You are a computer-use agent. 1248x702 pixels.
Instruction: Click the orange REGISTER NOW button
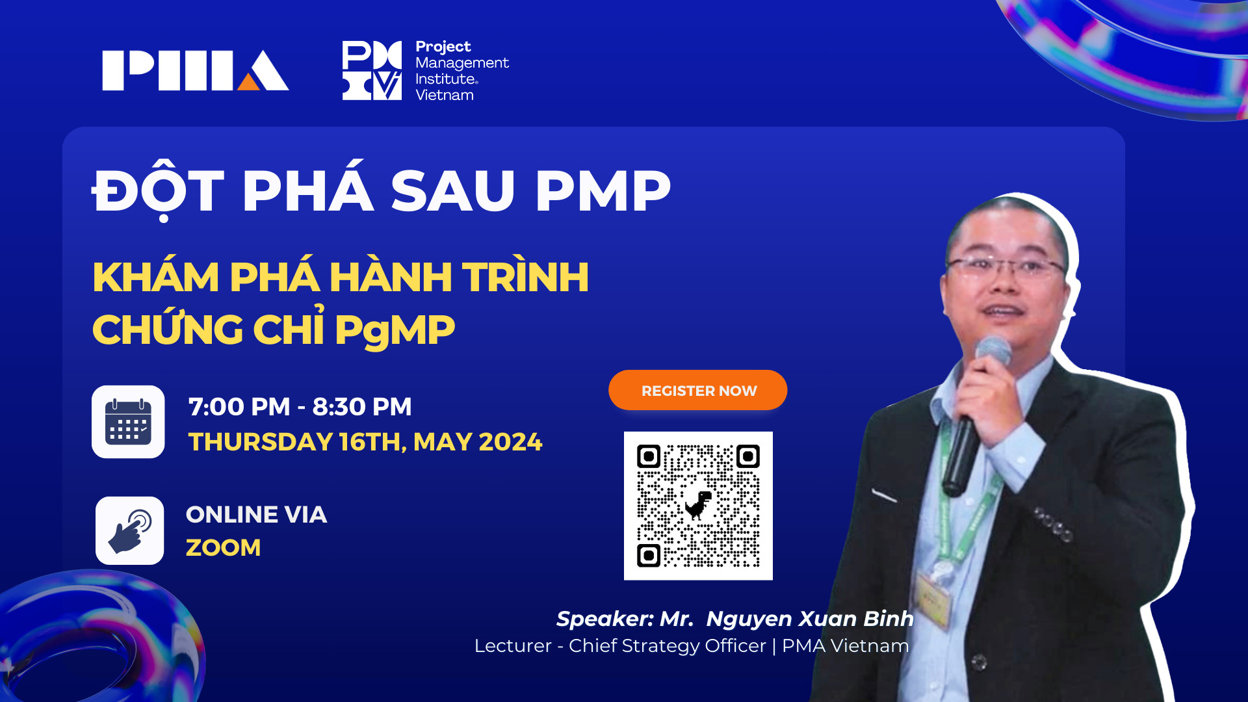697,390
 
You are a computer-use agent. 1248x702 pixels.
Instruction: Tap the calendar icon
128,422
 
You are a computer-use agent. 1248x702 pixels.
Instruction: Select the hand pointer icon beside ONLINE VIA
130,530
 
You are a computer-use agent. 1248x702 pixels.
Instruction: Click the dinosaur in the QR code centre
698,505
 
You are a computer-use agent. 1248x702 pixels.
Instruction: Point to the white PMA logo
196,70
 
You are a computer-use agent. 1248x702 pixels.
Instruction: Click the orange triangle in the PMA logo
249,82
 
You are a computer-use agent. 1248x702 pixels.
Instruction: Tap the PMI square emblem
372,70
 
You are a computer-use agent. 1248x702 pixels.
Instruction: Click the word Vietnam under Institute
445,95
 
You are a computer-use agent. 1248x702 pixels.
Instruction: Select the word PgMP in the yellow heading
395,330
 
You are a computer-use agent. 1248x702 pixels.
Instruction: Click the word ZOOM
224,547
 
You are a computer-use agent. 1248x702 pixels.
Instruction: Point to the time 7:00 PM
239,407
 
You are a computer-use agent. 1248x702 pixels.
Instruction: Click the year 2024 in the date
510,442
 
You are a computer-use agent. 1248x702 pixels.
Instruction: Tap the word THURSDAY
261,442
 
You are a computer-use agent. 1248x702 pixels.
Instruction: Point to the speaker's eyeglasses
1006,267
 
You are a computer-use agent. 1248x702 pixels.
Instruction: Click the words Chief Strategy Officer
668,646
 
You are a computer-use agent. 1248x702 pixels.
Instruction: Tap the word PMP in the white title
603,191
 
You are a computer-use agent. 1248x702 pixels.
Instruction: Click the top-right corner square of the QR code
747,456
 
